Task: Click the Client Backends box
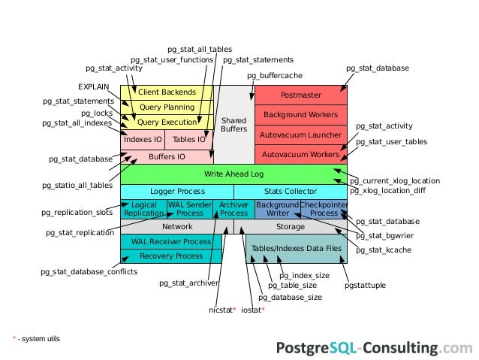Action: (x=167, y=92)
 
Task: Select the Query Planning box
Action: (x=167, y=107)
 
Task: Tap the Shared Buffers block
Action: (x=233, y=125)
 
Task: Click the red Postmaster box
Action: (x=300, y=95)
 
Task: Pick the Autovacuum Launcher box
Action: (x=300, y=135)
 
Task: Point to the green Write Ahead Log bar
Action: (x=233, y=174)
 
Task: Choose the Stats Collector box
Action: (x=291, y=192)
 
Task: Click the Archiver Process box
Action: (x=233, y=209)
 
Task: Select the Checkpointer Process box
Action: (x=324, y=209)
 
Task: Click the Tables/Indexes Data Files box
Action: (x=296, y=248)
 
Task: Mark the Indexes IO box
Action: (x=143, y=139)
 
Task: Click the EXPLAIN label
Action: (x=94, y=86)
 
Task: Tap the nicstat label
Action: (x=222, y=309)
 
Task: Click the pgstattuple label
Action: (x=366, y=286)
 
